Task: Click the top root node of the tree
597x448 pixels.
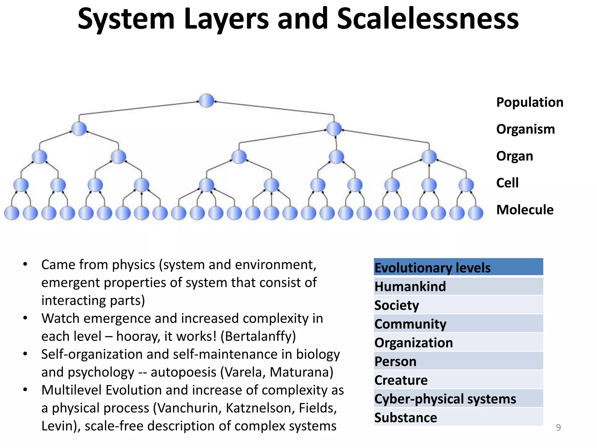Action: (206, 101)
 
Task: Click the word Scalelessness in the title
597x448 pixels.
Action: (428, 19)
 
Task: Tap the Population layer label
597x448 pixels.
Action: (529, 102)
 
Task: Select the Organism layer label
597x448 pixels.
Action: (525, 129)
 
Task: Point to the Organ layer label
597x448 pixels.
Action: (515, 156)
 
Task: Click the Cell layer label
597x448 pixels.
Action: (507, 183)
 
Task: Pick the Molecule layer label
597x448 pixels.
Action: (525, 210)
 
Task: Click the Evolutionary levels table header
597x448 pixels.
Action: (458, 267)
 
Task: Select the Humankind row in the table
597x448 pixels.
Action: (458, 286)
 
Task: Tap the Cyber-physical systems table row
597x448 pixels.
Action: (458, 399)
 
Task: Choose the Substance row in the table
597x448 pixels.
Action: (458, 417)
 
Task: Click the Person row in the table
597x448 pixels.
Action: (458, 361)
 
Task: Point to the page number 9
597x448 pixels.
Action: (558, 427)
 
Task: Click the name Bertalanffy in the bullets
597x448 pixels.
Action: (258, 336)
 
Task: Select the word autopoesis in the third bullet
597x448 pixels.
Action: (183, 372)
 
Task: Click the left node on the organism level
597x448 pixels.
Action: (79, 129)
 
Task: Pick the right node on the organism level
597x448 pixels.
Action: (334, 129)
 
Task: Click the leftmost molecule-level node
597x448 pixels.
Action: (12, 213)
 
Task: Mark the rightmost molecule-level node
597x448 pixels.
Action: (475, 213)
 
